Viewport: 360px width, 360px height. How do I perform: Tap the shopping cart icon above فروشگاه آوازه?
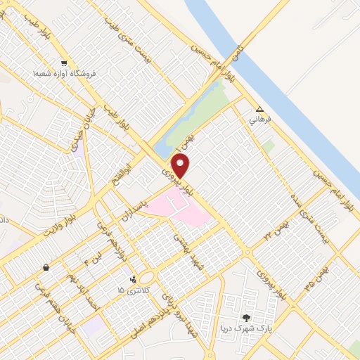pyautogui.click(x=64, y=63)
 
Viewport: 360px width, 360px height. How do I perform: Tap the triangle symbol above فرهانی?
pyautogui.click(x=259, y=110)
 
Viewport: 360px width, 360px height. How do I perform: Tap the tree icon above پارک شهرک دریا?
pyautogui.click(x=245, y=319)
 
